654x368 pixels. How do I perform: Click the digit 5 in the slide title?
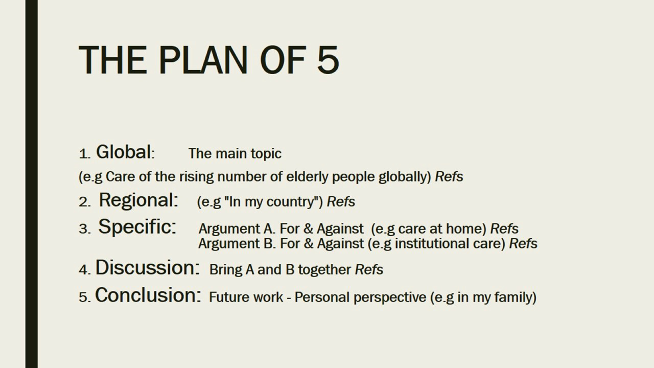pos(328,60)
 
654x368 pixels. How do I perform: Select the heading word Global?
pos(124,152)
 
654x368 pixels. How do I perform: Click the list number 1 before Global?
pos(83,154)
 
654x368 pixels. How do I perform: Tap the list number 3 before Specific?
pos(83,229)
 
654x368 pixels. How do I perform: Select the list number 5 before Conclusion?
pos(83,297)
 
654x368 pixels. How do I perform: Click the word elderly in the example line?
pos(307,177)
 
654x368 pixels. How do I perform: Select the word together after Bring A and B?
pos(324,270)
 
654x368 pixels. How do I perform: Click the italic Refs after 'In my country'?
pos(341,202)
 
